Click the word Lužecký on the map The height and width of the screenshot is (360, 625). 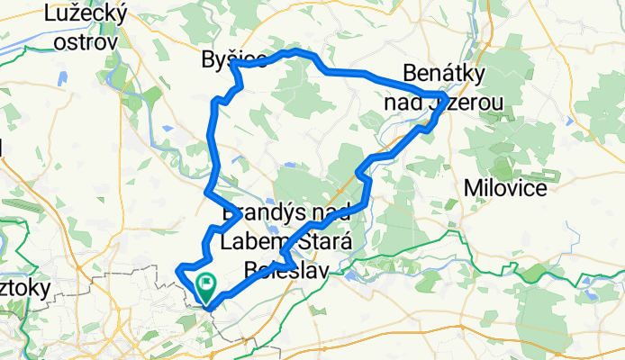[86, 14]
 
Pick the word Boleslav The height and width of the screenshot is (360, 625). [285, 269]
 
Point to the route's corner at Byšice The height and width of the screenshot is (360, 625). [233, 65]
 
